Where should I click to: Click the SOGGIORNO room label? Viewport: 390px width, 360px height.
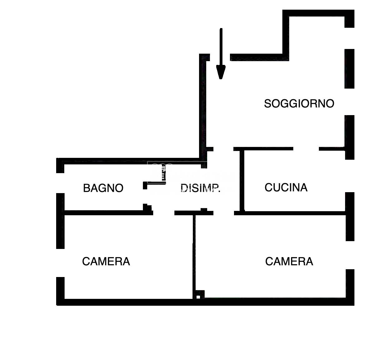tap(299, 104)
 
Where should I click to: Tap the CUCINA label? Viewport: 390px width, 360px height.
tap(286, 187)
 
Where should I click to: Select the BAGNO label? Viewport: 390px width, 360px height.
tap(103, 188)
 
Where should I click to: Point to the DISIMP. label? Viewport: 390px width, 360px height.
tap(200, 188)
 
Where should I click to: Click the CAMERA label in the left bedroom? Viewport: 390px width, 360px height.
tap(106, 261)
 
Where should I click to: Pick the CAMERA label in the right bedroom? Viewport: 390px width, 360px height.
tap(289, 261)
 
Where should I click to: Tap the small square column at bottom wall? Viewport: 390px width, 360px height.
tap(198, 297)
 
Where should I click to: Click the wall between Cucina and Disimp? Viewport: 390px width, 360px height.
tap(242, 180)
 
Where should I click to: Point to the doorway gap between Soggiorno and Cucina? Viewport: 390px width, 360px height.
tap(306, 149)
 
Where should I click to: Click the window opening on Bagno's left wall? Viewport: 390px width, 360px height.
tap(60, 183)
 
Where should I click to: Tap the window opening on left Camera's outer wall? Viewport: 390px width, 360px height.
tap(60, 263)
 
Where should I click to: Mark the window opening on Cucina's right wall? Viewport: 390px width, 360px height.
tap(350, 176)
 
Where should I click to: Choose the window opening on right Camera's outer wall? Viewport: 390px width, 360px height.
tap(350, 255)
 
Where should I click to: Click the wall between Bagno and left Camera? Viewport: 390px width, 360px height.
tap(109, 213)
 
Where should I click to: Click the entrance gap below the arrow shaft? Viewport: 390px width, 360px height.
tap(220, 57)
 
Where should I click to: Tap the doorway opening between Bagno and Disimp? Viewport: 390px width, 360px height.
tap(145, 197)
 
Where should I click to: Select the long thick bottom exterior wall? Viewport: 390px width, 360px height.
tap(205, 302)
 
